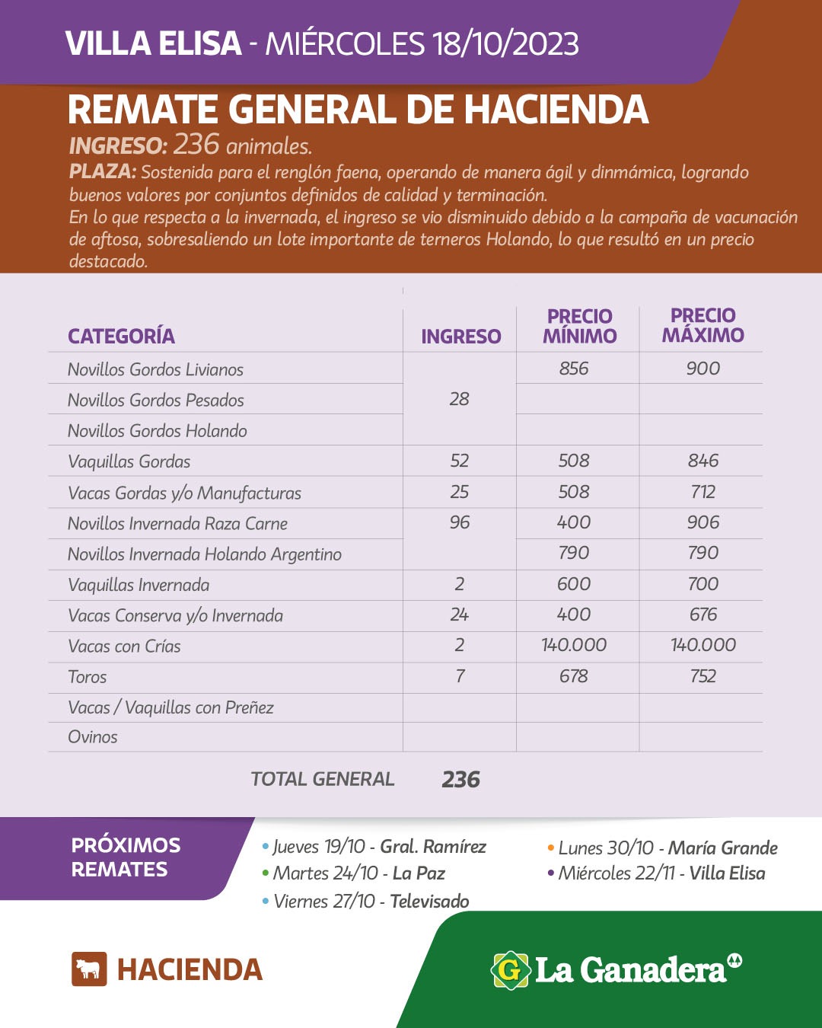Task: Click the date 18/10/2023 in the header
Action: coord(505,44)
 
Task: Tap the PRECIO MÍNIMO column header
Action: coord(579,326)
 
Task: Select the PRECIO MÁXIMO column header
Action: coord(703,325)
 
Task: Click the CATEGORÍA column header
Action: coord(121,336)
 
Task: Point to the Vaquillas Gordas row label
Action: coord(129,461)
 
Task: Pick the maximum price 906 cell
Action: coord(703,522)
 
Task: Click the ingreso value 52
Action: coord(459,461)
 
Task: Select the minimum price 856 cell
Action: coord(573,369)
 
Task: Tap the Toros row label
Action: coord(87,677)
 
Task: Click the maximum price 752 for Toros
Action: coord(703,676)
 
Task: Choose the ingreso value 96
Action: coord(459,522)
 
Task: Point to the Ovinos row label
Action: coord(92,737)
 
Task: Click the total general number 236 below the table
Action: coord(460,779)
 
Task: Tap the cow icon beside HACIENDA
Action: coord(89,969)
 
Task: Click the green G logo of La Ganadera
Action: coord(510,970)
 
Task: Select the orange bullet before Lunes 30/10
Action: coord(550,848)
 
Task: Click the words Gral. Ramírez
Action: coord(432,847)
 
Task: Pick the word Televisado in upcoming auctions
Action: coord(429,902)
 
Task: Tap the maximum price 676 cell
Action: coord(703,615)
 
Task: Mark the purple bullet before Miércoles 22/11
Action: coord(550,873)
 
